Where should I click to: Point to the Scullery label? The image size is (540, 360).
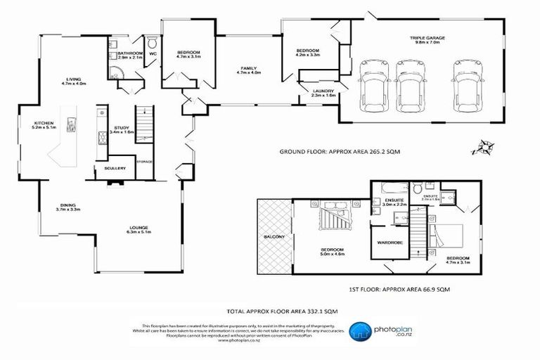pyautogui.click(x=115, y=169)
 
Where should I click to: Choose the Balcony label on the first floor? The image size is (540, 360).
pyautogui.click(x=274, y=238)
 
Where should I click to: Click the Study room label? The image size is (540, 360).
pyautogui.click(x=122, y=129)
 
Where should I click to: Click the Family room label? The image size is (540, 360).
pyautogui.click(x=249, y=67)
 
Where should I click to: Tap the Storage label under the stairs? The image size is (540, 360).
pyautogui.click(x=145, y=162)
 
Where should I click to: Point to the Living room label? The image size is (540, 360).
pyautogui.click(x=73, y=79)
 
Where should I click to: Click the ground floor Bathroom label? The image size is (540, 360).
pyautogui.click(x=131, y=53)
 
